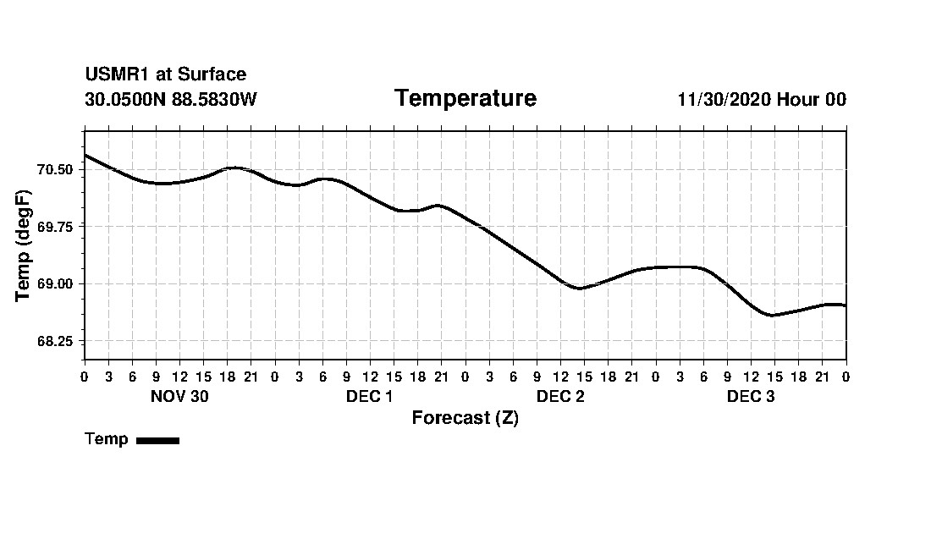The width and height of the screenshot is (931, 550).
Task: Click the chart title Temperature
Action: (465, 99)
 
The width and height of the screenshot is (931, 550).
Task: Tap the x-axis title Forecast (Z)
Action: (465, 418)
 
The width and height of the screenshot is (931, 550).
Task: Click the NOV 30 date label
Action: (179, 397)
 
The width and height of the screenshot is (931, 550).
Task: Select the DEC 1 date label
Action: (369, 397)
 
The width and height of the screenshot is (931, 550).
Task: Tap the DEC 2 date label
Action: (560, 397)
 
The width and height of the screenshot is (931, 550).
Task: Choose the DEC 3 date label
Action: (751, 397)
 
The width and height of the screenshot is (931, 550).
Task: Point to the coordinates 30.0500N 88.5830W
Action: (170, 100)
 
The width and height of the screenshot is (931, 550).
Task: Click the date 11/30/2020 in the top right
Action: (724, 100)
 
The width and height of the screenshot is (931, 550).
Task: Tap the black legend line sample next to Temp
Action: (157, 440)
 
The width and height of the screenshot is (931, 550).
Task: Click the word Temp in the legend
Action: (107, 439)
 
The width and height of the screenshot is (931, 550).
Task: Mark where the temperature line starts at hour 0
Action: (85, 155)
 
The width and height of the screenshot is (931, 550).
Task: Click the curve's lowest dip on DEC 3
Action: (771, 315)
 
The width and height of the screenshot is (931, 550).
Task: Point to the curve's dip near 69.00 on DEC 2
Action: (579, 289)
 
